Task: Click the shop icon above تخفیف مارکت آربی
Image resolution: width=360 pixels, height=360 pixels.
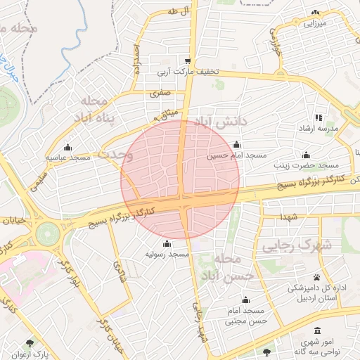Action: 188,60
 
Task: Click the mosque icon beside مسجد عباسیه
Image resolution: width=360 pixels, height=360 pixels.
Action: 68,147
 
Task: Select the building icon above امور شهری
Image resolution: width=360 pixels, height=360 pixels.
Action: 318,330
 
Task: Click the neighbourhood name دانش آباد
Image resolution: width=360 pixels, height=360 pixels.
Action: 224,122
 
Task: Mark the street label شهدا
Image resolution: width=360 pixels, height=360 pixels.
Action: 288,217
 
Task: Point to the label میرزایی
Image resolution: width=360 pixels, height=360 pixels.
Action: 316,23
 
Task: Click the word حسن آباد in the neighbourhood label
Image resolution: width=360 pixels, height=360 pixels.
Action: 224,275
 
